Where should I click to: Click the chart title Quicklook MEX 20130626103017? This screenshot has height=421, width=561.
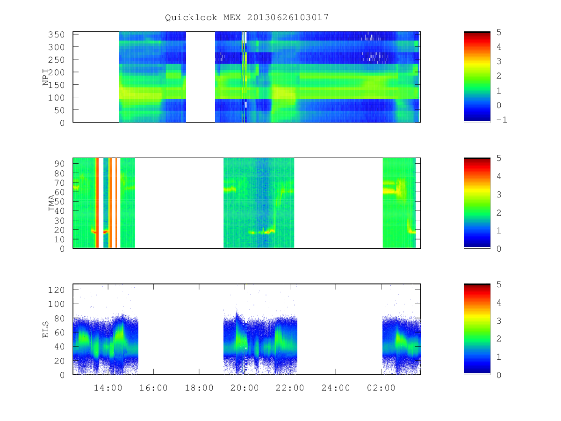[247, 17]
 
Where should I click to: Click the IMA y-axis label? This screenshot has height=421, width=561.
[51, 203]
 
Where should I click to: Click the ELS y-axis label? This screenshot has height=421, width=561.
[45, 329]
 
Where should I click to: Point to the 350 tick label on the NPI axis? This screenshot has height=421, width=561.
[56, 35]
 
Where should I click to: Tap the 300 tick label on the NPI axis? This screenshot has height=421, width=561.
[56, 47]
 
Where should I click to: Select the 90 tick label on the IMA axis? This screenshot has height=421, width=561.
[59, 164]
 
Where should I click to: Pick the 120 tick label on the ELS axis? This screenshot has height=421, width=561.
[56, 290]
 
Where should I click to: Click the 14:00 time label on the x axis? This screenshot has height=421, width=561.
[108, 388]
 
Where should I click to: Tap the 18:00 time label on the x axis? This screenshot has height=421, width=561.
[199, 388]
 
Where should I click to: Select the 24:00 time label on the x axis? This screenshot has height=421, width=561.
[336, 388]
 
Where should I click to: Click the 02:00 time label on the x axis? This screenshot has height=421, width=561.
[381, 388]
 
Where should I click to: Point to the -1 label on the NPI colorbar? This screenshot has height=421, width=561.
[502, 120]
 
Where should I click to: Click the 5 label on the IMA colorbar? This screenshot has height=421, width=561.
[499, 158]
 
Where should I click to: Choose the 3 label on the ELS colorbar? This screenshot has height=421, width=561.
[499, 320]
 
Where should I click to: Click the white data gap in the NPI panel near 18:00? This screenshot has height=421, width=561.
[201, 77]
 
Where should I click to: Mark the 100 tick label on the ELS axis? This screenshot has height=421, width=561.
[56, 304]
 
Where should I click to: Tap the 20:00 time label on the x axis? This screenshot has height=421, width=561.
[245, 388]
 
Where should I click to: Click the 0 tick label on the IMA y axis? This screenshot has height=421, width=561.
[62, 249]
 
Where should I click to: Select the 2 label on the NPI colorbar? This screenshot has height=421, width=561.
[499, 76]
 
